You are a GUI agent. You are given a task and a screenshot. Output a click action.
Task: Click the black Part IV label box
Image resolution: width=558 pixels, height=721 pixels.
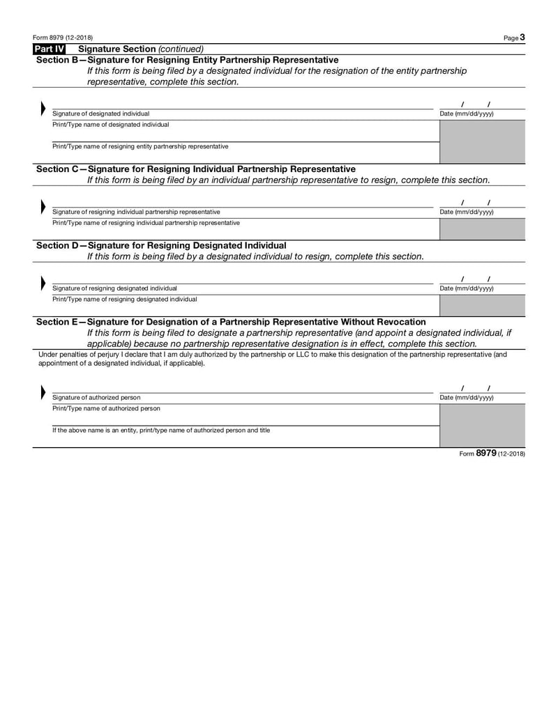(49, 49)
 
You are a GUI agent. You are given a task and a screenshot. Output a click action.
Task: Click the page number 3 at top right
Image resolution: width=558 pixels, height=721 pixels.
(522, 37)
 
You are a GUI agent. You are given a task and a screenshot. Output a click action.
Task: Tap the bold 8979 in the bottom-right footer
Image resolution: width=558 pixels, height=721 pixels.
(486, 453)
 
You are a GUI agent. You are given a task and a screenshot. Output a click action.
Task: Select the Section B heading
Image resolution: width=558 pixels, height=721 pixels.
(187, 60)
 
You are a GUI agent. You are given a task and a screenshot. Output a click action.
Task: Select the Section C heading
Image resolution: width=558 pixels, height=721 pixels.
(195, 169)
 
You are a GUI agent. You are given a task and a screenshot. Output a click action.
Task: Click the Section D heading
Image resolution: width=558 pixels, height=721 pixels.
(160, 245)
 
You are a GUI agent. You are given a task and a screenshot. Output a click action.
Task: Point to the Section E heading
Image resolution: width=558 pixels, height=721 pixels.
(230, 322)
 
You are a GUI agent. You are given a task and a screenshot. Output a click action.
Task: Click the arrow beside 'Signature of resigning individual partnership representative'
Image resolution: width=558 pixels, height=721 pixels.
(43, 208)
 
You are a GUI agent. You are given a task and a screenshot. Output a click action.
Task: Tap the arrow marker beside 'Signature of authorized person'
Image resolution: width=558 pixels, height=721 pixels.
(43, 393)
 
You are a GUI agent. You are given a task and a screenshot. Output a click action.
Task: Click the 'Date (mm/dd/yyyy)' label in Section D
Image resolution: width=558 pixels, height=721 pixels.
(466, 288)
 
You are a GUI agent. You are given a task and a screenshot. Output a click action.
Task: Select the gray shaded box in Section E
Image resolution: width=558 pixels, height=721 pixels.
(482, 426)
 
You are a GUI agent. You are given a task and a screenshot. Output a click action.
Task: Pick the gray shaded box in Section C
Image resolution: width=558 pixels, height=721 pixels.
(482, 228)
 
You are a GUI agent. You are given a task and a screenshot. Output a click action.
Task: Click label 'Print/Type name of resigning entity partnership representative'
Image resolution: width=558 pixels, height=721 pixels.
(140, 147)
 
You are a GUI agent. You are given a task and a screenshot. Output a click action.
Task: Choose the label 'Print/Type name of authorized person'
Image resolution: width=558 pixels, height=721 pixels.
(106, 409)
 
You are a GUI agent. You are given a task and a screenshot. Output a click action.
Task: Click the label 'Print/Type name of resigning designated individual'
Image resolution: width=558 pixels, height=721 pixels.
(125, 300)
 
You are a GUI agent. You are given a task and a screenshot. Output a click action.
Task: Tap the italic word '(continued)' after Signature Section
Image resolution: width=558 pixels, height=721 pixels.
(181, 49)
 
